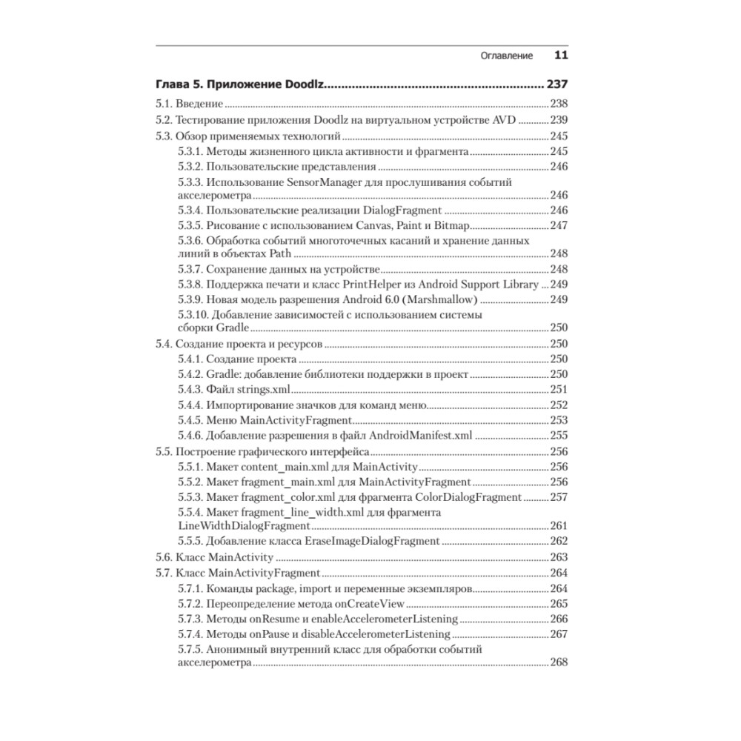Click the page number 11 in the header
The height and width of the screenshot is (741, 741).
click(561, 56)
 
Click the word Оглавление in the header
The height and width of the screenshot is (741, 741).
click(507, 56)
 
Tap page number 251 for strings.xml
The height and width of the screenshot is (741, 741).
click(558, 390)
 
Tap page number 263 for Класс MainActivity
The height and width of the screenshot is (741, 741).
click(558, 557)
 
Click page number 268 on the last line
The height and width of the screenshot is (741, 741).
click(558, 662)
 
